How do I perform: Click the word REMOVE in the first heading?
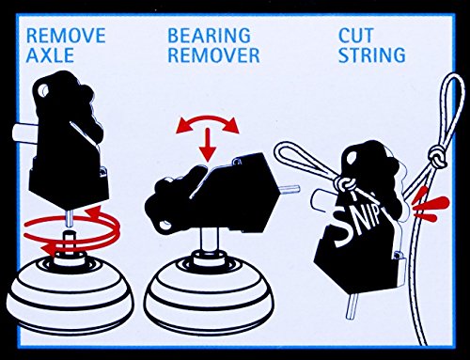click(66, 35)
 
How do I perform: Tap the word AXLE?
click(50, 55)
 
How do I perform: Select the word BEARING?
click(209, 35)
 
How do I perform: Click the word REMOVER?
click(213, 55)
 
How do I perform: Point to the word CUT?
click(356, 35)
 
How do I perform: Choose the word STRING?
click(372, 55)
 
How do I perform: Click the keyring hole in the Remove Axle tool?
click(42, 91)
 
